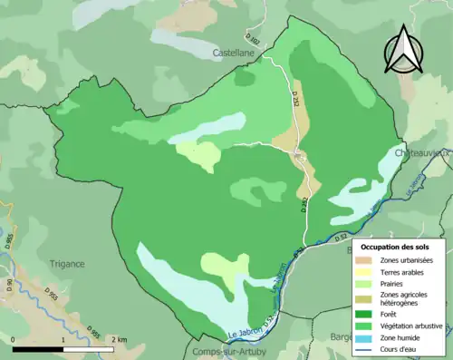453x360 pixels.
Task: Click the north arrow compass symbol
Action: pos(402,49)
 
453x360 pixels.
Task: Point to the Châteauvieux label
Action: pos(423,154)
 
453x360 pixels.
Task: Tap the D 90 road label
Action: pos(10,287)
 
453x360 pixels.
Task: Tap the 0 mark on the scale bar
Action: pos(14,340)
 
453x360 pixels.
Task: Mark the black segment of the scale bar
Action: pos(39,349)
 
